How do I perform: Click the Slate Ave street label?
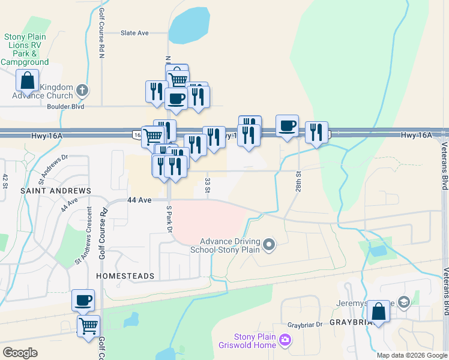tap(134, 33)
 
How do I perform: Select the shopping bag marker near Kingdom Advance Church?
tap(27, 80)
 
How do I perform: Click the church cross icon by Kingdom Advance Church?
tap(83, 91)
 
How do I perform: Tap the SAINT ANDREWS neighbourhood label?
tap(47, 191)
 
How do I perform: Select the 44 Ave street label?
tap(138, 200)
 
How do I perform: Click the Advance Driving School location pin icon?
tap(269, 244)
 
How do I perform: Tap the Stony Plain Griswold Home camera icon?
tap(285, 340)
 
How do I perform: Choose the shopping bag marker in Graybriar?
tap(378, 311)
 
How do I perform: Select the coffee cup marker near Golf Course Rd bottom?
tap(83, 299)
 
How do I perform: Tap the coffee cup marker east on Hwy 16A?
tap(287, 125)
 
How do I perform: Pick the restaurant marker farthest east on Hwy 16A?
tap(316, 132)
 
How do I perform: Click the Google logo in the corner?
tap(20, 353)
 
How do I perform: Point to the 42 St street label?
tap(5, 180)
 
